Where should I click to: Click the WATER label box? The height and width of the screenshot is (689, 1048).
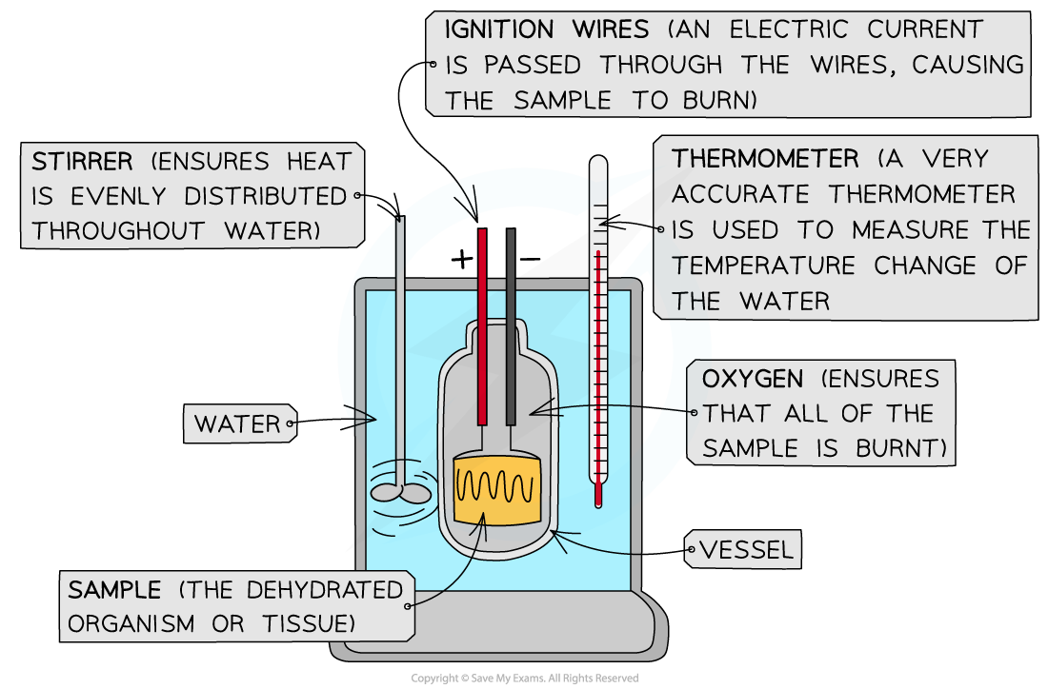[238, 423]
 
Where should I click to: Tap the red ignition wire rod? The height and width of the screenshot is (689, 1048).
[482, 324]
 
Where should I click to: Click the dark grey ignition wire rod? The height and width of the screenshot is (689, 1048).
[511, 324]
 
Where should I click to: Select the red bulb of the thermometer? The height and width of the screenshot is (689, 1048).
[598, 496]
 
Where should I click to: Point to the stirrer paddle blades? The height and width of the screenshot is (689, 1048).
[400, 492]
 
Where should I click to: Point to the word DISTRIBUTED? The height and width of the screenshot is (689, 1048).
[264, 196]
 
